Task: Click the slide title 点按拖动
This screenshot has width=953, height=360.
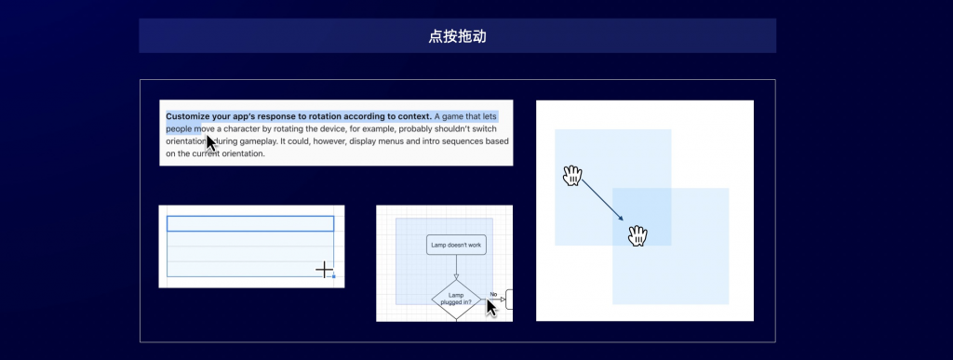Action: pyautogui.click(x=457, y=36)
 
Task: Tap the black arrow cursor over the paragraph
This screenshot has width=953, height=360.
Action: pyautogui.click(x=211, y=143)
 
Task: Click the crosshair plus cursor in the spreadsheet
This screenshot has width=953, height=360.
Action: pyautogui.click(x=324, y=270)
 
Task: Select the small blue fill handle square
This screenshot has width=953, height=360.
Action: pyautogui.click(x=334, y=276)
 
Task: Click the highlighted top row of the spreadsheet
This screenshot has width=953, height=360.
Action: pyautogui.click(x=250, y=223)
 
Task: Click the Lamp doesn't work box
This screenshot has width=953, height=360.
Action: pyautogui.click(x=456, y=245)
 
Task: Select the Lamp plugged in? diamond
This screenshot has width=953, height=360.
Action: pyautogui.click(x=456, y=299)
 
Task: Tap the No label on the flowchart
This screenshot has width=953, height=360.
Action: pyautogui.click(x=493, y=295)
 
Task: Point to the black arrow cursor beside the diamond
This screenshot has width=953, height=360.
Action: pyautogui.click(x=491, y=308)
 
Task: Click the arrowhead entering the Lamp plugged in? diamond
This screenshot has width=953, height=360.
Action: pyautogui.click(x=456, y=277)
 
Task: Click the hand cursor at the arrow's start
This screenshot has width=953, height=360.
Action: pyautogui.click(x=572, y=176)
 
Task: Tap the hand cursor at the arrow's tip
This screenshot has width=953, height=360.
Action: pyautogui.click(x=638, y=235)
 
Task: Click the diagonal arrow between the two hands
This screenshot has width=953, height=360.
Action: pyautogui.click(x=602, y=200)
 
